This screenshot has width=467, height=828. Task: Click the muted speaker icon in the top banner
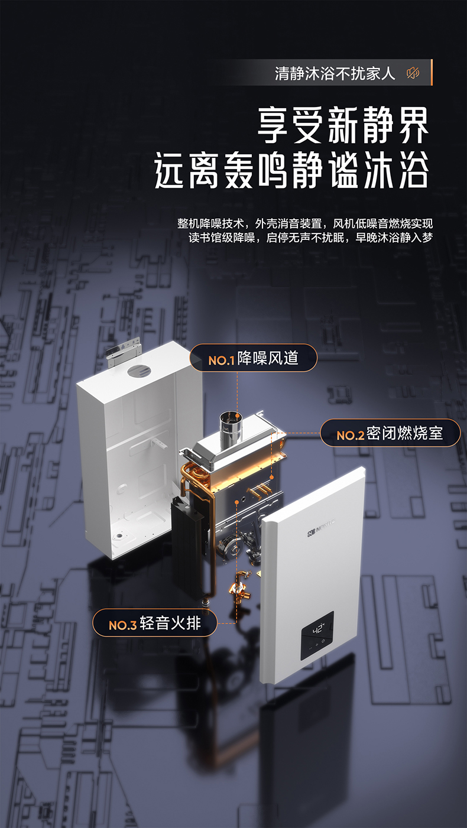coord(413,73)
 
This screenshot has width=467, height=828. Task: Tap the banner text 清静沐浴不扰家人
coord(335,73)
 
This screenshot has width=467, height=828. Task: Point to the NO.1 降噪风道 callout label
coord(254,358)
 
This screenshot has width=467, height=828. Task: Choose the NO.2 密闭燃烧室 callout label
coord(391,433)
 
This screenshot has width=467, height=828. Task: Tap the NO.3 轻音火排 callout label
coord(154,623)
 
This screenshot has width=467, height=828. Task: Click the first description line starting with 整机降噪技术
coord(305,223)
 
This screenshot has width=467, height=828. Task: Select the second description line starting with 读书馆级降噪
coord(310,238)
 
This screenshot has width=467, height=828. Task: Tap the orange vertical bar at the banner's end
coord(431,72)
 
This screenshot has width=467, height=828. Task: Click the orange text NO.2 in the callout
coord(351,435)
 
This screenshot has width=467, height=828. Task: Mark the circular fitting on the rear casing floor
coord(120,538)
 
